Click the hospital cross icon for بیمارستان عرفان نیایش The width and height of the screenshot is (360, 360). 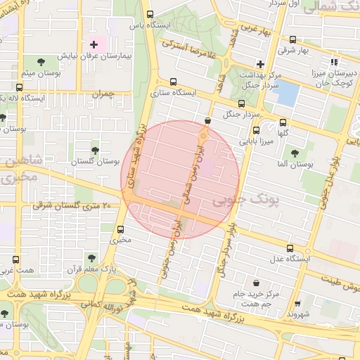[x=94, y=45]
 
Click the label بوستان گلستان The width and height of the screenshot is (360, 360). [x=94, y=162]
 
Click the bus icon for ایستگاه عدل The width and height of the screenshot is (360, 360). [x=290, y=248]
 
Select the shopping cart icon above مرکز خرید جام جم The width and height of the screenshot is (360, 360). [x=255, y=282]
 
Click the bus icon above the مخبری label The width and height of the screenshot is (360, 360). [x=120, y=229]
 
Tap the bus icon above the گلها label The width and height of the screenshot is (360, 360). [x=283, y=121]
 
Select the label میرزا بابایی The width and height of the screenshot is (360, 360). [x=258, y=141]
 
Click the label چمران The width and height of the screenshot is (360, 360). [x=102, y=94]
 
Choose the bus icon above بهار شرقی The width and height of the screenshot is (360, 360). [x=292, y=39]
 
